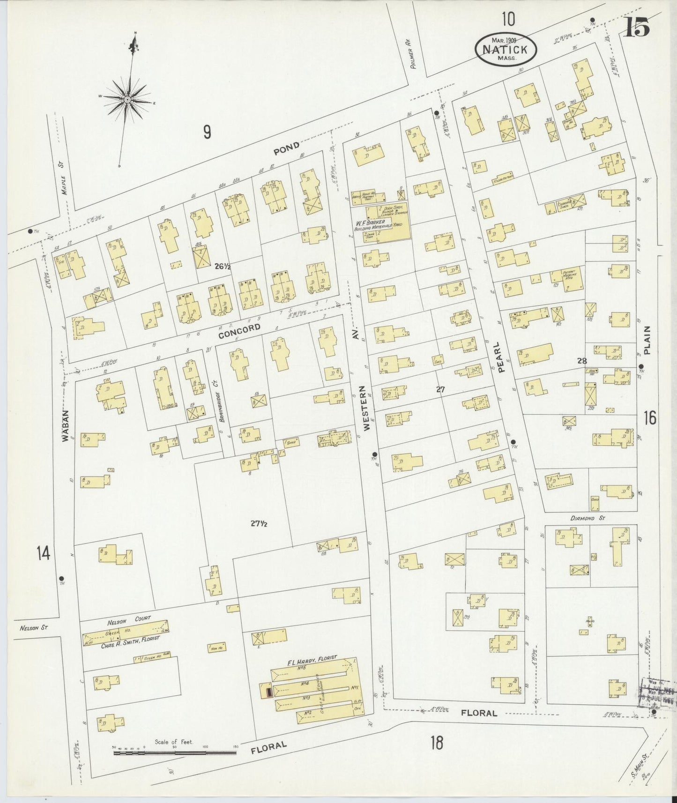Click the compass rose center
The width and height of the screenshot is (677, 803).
[127, 100]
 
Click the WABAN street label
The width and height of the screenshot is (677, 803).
[66, 426]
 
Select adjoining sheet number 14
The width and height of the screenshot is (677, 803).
[43, 553]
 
